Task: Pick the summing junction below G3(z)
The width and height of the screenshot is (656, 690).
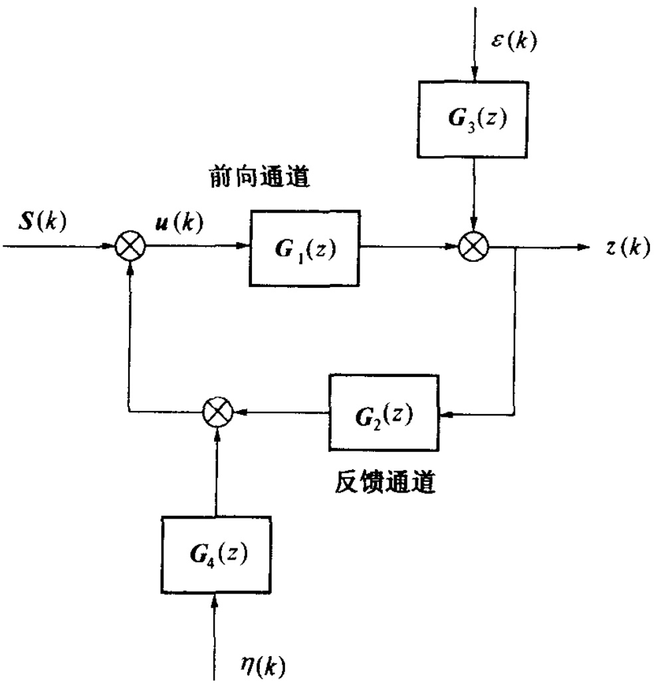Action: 474,247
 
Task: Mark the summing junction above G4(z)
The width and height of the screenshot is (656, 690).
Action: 216,412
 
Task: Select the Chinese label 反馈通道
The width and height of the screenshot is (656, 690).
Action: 384,481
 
